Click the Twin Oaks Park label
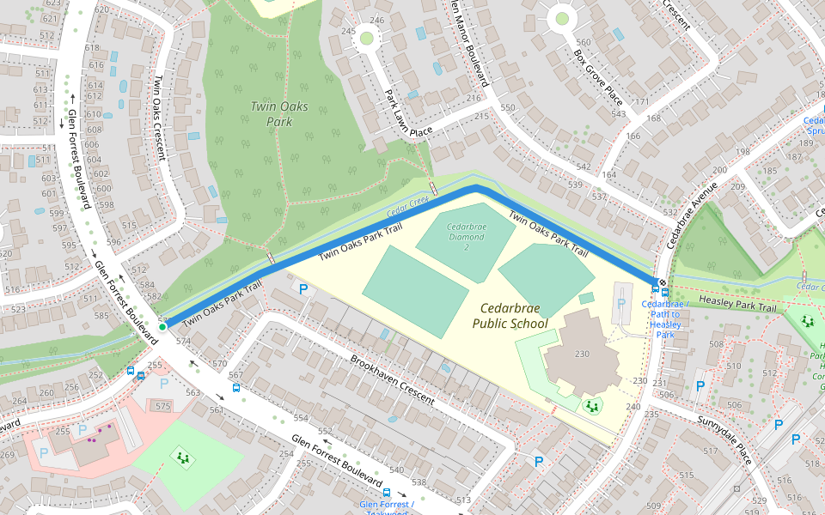272,113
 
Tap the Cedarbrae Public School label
510,315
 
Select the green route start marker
162,326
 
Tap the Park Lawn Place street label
407,114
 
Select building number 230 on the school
582,354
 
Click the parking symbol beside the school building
620,304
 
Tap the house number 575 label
162,406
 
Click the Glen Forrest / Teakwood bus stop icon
387,494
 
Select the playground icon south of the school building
591,406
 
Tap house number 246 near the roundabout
376,20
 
